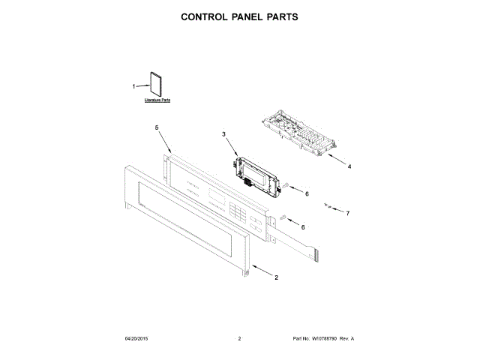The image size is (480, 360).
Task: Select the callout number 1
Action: click(x=134, y=86)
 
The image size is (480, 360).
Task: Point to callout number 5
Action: click(x=157, y=128)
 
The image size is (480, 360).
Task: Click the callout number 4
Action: click(x=349, y=166)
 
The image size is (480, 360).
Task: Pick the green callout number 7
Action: click(x=347, y=213)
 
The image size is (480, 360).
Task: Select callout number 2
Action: click(x=276, y=277)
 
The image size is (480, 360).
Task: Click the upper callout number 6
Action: click(x=306, y=193)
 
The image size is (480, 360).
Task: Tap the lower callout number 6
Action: click(x=303, y=226)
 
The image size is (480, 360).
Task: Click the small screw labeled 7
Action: click(x=328, y=204)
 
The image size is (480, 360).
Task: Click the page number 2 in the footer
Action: click(x=239, y=339)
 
